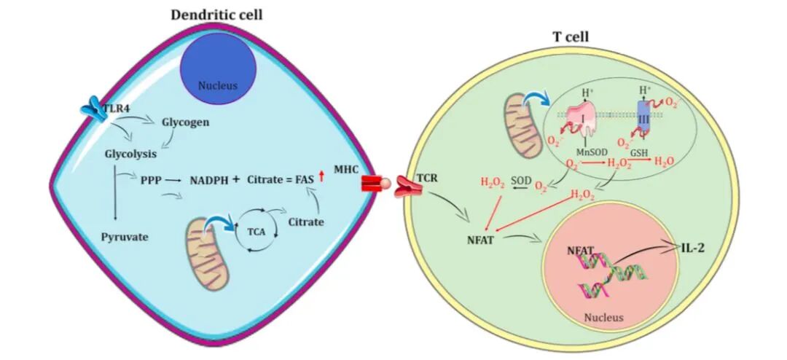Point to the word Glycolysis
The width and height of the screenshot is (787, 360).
(x=131, y=154)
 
